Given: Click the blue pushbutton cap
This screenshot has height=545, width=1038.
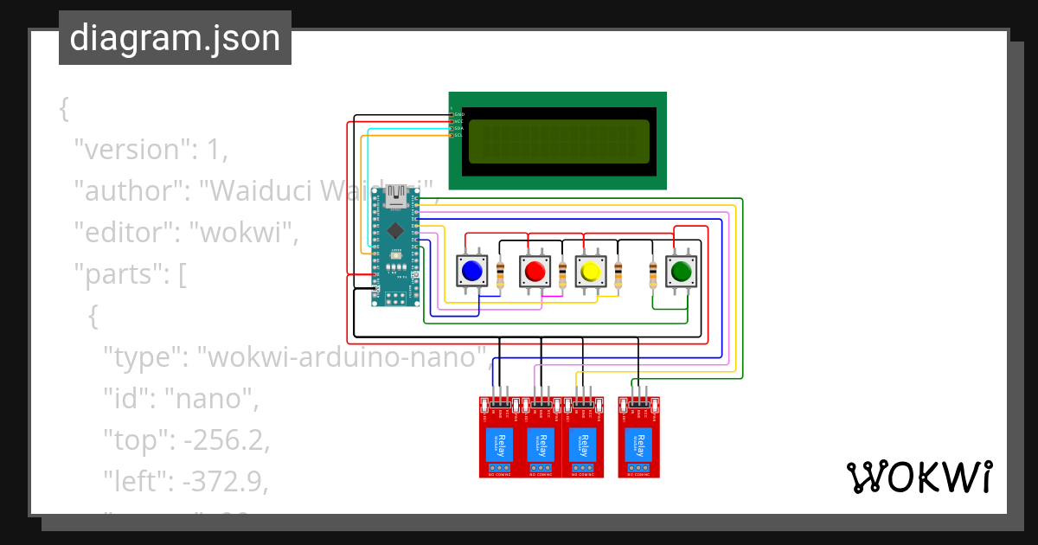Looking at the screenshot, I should tap(472, 272).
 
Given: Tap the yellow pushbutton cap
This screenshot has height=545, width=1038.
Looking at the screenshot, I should tap(591, 272).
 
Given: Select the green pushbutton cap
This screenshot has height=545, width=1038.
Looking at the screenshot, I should tap(681, 272).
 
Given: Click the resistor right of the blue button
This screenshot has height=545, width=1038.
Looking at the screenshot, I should tap(501, 274).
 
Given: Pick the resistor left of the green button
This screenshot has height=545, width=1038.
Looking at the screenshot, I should tap(653, 274).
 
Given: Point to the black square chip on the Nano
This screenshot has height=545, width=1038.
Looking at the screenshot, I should tap(394, 230).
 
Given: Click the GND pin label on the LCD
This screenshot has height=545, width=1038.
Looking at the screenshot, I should tap(459, 114).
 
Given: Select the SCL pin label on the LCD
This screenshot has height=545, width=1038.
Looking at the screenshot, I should tap(458, 135).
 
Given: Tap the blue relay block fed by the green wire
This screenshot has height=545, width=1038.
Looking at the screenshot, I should tap(638, 444).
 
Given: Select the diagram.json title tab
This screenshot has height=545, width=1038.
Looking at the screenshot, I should tap(175, 38).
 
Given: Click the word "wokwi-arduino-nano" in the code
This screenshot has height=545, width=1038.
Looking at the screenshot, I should tap(343, 356).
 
